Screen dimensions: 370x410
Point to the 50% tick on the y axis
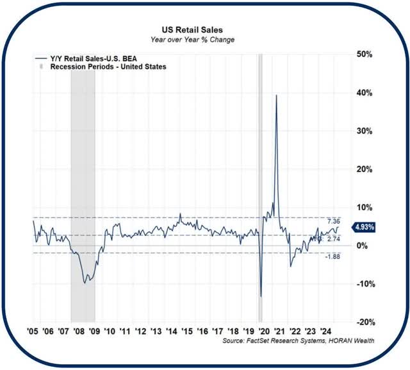click(365, 55)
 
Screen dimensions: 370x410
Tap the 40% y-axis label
click(365, 93)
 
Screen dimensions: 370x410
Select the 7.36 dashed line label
click(350, 221)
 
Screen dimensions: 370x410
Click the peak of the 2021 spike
click(276, 96)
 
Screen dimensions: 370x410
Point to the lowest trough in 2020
click(261, 297)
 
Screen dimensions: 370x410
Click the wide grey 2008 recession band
click(83, 192)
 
